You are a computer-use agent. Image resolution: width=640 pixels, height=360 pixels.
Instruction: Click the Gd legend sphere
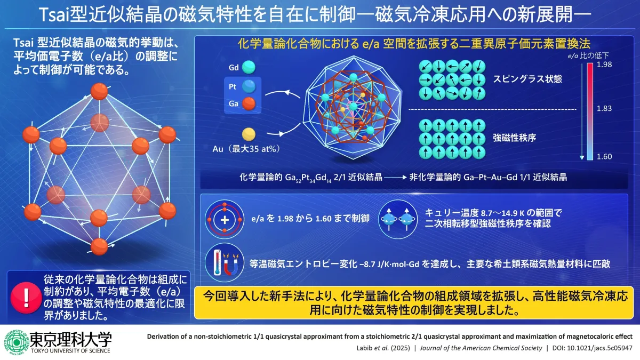click(249, 67)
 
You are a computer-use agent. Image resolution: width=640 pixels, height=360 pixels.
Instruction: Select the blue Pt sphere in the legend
click(249, 86)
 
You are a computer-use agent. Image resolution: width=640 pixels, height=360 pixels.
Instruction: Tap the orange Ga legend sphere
click(249, 103)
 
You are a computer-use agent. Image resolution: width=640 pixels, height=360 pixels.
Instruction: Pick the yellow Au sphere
click(249, 134)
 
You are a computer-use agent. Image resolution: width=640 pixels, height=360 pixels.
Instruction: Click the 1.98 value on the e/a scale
click(604, 65)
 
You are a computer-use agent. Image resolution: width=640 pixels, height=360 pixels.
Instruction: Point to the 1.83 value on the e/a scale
click(604, 109)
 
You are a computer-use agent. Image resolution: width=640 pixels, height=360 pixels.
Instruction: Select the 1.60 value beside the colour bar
click(604, 157)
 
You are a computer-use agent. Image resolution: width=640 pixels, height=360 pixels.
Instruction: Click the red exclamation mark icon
click(26, 298)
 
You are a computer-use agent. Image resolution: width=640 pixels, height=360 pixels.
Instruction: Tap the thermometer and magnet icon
click(225, 262)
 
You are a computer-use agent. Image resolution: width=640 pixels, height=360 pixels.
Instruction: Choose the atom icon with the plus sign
click(225, 219)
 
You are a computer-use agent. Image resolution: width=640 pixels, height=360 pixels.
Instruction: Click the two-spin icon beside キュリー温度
click(398, 219)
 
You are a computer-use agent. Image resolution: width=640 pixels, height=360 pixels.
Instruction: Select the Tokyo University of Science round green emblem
click(17, 342)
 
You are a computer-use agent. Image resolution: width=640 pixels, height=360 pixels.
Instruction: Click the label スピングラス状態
click(527, 79)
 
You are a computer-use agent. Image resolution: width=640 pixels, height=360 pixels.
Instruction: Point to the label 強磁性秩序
click(514, 138)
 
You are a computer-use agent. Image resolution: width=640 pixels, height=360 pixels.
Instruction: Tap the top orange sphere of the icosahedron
click(99, 91)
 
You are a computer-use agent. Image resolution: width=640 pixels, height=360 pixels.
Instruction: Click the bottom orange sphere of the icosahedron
click(99, 246)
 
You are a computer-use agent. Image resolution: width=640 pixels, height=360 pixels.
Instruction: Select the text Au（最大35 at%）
click(246, 149)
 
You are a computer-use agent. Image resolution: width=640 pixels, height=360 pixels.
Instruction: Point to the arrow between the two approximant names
click(395, 178)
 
